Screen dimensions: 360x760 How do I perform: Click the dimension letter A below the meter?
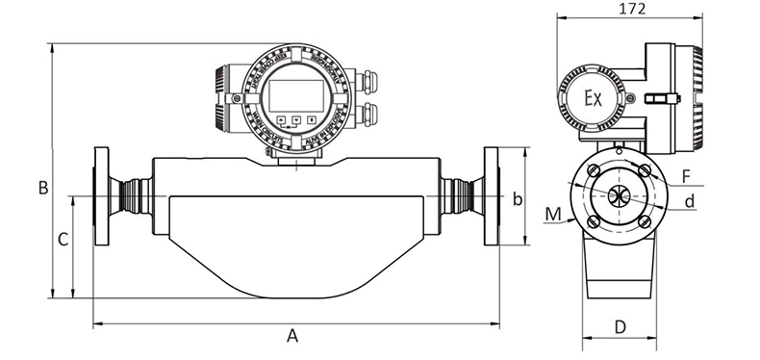tap(294, 336)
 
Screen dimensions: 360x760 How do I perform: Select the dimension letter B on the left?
tap(42, 189)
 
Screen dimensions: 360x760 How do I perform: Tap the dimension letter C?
tap(63, 240)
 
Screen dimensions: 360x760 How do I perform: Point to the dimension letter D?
tap(621, 326)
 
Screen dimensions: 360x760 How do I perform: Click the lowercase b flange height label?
tap(517, 199)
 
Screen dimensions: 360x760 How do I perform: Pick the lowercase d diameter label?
tap(690, 200)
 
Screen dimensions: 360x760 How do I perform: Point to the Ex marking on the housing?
tap(594, 99)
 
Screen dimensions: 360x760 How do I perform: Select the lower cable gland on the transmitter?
tap(370, 114)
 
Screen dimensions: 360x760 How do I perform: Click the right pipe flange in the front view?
tap(492, 197)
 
